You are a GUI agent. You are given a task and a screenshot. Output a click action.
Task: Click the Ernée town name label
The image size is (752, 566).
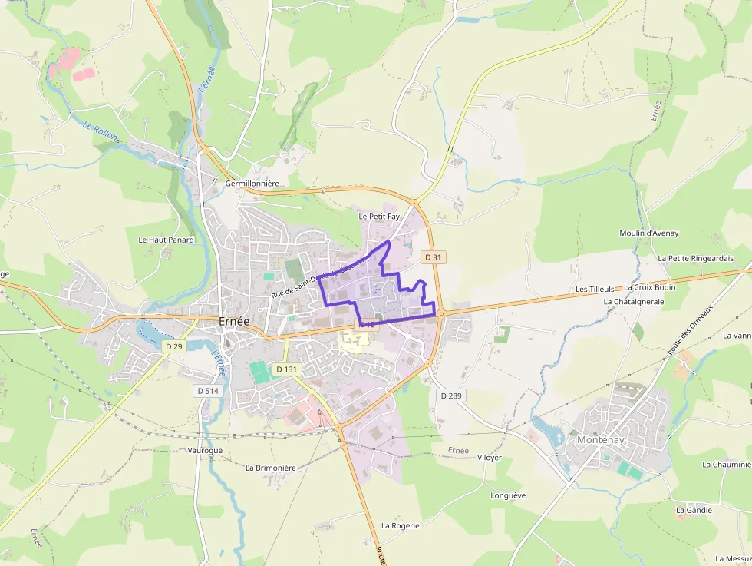coord(233,321)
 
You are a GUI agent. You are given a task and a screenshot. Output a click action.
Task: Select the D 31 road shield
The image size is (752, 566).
coord(434,257)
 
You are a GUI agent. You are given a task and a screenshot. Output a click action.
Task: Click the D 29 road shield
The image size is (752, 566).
coord(174,346)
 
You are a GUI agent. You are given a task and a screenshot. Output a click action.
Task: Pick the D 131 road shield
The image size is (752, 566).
coord(285,369)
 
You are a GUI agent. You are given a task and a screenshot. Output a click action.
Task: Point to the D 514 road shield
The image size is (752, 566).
coord(208,390)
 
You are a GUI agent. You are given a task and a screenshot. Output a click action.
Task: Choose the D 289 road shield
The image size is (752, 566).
coord(453,395)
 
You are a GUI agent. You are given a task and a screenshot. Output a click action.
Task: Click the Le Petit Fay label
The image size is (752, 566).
coord(379,217)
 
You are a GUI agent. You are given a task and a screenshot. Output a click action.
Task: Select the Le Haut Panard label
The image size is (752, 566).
coord(166,240)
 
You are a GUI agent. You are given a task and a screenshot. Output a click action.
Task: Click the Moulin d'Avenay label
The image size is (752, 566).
coord(649,233)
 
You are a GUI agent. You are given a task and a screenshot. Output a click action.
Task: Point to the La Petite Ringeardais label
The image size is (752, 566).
coord(695,258)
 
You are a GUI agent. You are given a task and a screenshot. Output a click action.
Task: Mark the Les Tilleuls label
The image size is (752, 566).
coord(595,289)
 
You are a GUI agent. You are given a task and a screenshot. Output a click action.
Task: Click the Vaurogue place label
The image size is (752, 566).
coord(205,451)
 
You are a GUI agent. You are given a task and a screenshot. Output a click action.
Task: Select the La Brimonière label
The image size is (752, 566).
coord(270,468)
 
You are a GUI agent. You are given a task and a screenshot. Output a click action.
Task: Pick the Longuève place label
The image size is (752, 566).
coord(508,495)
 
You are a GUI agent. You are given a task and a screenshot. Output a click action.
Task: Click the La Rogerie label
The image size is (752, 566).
coord(401,525)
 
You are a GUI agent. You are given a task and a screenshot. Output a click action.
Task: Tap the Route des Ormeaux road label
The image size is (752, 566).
coord(690,329)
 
